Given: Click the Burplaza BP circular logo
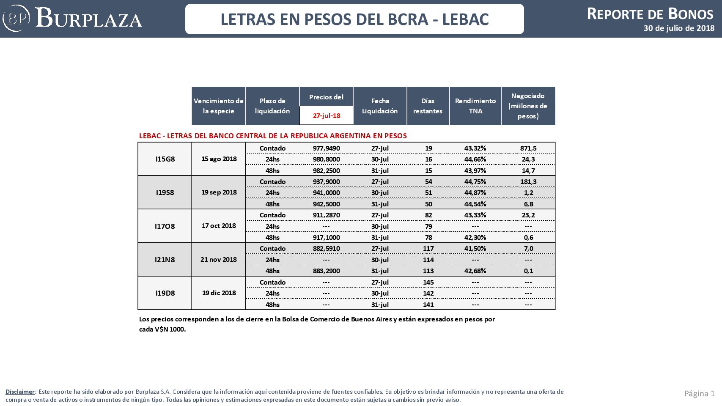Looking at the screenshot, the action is (x=16, y=18).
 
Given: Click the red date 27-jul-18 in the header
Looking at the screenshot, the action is (x=327, y=116).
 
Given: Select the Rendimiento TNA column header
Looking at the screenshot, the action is (x=475, y=106).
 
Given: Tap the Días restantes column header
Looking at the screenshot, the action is (x=428, y=106).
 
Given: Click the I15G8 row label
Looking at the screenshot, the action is (x=165, y=159).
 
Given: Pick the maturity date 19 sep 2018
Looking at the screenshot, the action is (x=219, y=192).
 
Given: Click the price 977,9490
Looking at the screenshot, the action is (x=326, y=148).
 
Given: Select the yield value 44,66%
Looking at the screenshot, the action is (x=475, y=159).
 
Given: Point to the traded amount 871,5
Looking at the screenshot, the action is (x=528, y=148).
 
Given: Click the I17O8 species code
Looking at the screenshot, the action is (x=165, y=226).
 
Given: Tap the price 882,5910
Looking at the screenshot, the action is (x=326, y=248).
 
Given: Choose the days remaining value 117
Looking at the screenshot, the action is (x=428, y=248).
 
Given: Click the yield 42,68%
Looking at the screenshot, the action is (x=475, y=271).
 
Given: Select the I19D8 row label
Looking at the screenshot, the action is (x=165, y=293).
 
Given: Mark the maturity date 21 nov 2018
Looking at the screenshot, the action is (x=219, y=259).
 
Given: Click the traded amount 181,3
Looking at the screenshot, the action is (x=528, y=181).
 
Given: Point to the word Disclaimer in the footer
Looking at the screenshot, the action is (x=20, y=392).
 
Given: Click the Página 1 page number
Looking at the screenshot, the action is (x=700, y=393).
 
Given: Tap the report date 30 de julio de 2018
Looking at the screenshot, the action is (x=679, y=28).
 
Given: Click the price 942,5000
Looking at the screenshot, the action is (x=326, y=204).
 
